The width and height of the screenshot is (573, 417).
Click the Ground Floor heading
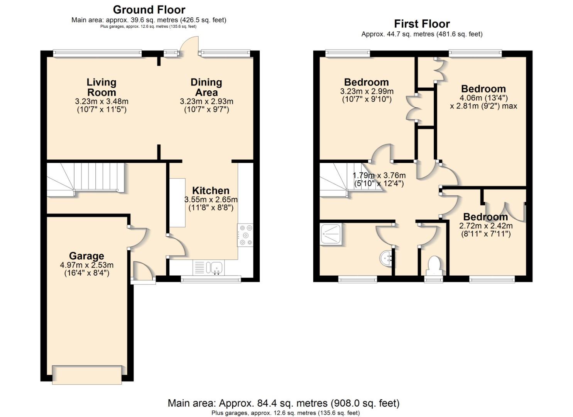tap(149, 10)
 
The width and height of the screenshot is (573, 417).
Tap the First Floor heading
tap(422, 24)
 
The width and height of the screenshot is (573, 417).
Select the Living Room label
tap(101, 87)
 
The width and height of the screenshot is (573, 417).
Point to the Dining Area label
tap(206, 87)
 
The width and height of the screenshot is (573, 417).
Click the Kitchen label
tap(211, 190)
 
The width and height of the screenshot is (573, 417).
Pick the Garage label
tap(86, 256)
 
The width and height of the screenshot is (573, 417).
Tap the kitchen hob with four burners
tap(245, 235)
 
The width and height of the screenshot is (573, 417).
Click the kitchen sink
tap(215, 268)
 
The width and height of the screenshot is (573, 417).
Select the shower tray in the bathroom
tap(331, 234)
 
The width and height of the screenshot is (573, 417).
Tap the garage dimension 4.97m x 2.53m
tap(86, 269)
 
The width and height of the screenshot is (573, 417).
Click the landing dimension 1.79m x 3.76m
tap(379, 180)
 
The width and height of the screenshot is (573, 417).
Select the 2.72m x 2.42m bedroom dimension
tap(486, 230)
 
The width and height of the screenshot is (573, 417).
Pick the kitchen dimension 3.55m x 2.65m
tap(211, 203)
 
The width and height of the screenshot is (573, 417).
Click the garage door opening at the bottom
tap(87, 375)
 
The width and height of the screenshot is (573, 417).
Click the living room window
tap(98, 53)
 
